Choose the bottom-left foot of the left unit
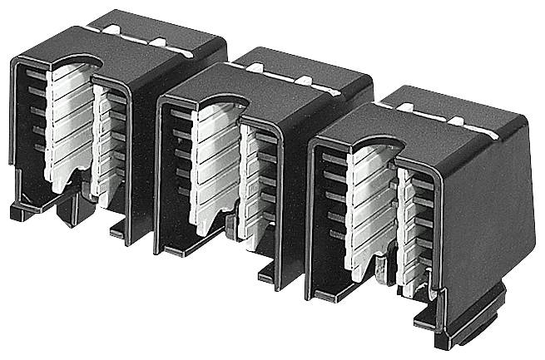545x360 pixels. (x=25, y=208)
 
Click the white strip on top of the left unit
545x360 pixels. (x=150, y=38)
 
